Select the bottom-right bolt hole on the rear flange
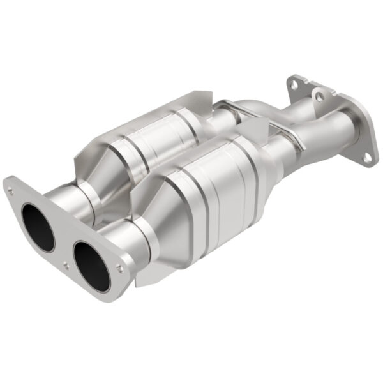[x=366, y=156]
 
